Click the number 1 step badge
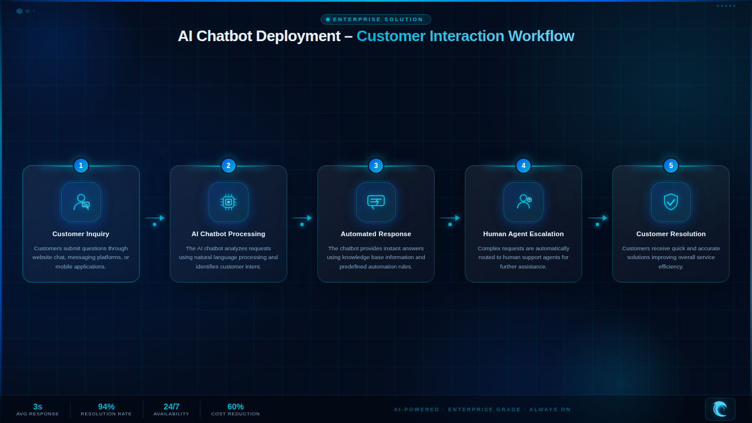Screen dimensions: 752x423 81,166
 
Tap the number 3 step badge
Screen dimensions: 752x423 376,166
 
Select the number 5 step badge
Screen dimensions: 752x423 671,166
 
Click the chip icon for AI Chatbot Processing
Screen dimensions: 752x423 229,202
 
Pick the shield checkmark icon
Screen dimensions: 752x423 671,202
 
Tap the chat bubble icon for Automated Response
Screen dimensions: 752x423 376,202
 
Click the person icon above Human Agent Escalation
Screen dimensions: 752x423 523,202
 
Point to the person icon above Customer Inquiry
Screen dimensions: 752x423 81,202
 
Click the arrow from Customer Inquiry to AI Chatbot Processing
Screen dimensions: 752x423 155,218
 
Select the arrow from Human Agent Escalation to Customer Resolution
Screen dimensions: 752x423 597,218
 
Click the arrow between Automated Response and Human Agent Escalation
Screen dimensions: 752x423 450,218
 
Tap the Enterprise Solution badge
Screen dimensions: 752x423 375,19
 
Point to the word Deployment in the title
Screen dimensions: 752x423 298,36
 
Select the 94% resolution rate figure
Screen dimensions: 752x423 106,407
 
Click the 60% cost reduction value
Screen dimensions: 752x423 236,407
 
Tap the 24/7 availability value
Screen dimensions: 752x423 171,407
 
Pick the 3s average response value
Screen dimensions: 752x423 38,407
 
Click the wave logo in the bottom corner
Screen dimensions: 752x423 720,409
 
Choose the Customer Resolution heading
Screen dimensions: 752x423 671,234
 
